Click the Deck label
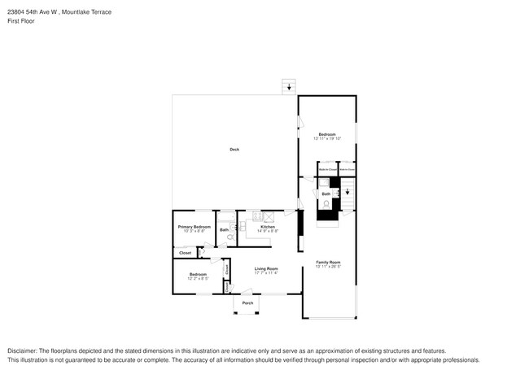tap(234, 149)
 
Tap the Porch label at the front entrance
tap(247, 302)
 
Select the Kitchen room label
tap(267, 227)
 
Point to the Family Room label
tap(328, 262)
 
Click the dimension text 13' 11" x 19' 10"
tap(327, 139)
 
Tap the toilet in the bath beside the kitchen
tap(229, 238)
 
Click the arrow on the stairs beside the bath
tap(347, 193)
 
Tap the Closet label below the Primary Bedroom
tap(185, 253)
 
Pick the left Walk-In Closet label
tap(328, 170)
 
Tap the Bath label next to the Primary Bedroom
tap(224, 230)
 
